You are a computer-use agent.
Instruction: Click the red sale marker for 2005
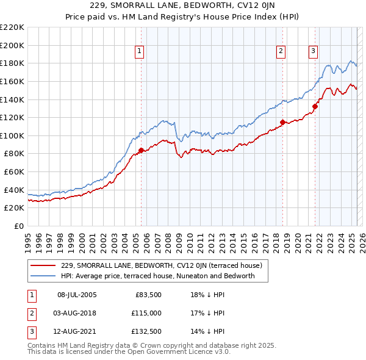tap(141, 150)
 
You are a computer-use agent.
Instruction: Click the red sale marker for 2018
tap(283, 122)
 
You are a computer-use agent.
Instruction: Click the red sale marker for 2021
tap(315, 106)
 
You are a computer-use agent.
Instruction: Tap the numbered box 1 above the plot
tap(140, 51)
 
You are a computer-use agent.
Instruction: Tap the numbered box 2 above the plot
tap(281, 51)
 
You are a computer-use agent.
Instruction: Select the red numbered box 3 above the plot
tap(313, 51)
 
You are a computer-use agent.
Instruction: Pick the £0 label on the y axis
tap(20, 226)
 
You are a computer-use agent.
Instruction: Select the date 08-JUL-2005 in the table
tap(77, 295)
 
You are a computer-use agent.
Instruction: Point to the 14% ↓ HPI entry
tap(208, 331)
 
